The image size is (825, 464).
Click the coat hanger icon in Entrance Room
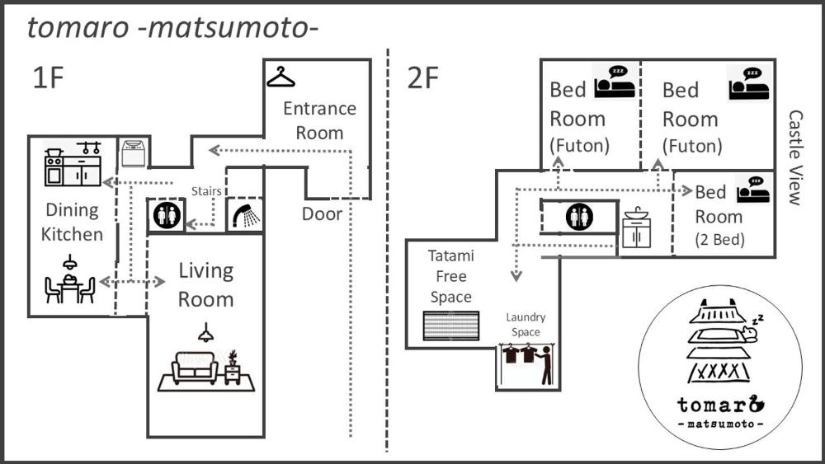(x=280, y=77)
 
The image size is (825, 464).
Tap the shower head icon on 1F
(x=245, y=216)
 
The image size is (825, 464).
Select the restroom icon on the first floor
(x=166, y=216)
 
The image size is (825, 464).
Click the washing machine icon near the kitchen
(x=133, y=153)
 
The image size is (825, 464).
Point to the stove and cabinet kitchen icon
(x=73, y=165)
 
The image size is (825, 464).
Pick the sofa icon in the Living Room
(x=196, y=368)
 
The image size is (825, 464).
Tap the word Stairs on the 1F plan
(x=207, y=191)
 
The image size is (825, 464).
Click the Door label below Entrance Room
(x=322, y=214)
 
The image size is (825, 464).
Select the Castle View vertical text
(x=795, y=157)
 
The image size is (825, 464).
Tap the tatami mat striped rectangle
(x=450, y=326)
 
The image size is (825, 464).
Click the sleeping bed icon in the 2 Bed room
(x=755, y=190)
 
